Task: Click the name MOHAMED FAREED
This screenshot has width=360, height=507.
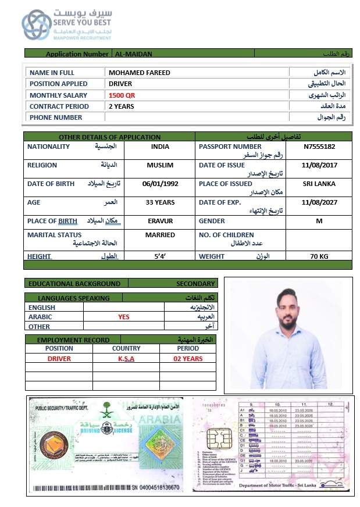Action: click(x=140, y=73)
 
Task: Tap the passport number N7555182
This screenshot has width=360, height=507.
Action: click(x=319, y=147)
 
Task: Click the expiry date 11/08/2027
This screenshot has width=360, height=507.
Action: click(x=319, y=202)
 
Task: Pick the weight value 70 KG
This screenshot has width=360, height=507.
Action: click(x=319, y=256)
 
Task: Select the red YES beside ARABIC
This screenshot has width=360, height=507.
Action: click(x=124, y=317)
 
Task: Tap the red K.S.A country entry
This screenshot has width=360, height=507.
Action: click(x=126, y=359)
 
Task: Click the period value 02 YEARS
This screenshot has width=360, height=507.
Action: click(x=188, y=359)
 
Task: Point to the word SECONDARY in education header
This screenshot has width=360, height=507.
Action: click(x=196, y=284)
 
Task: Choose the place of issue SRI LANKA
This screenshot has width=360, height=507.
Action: click(x=319, y=184)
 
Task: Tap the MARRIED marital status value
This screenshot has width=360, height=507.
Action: click(x=160, y=235)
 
